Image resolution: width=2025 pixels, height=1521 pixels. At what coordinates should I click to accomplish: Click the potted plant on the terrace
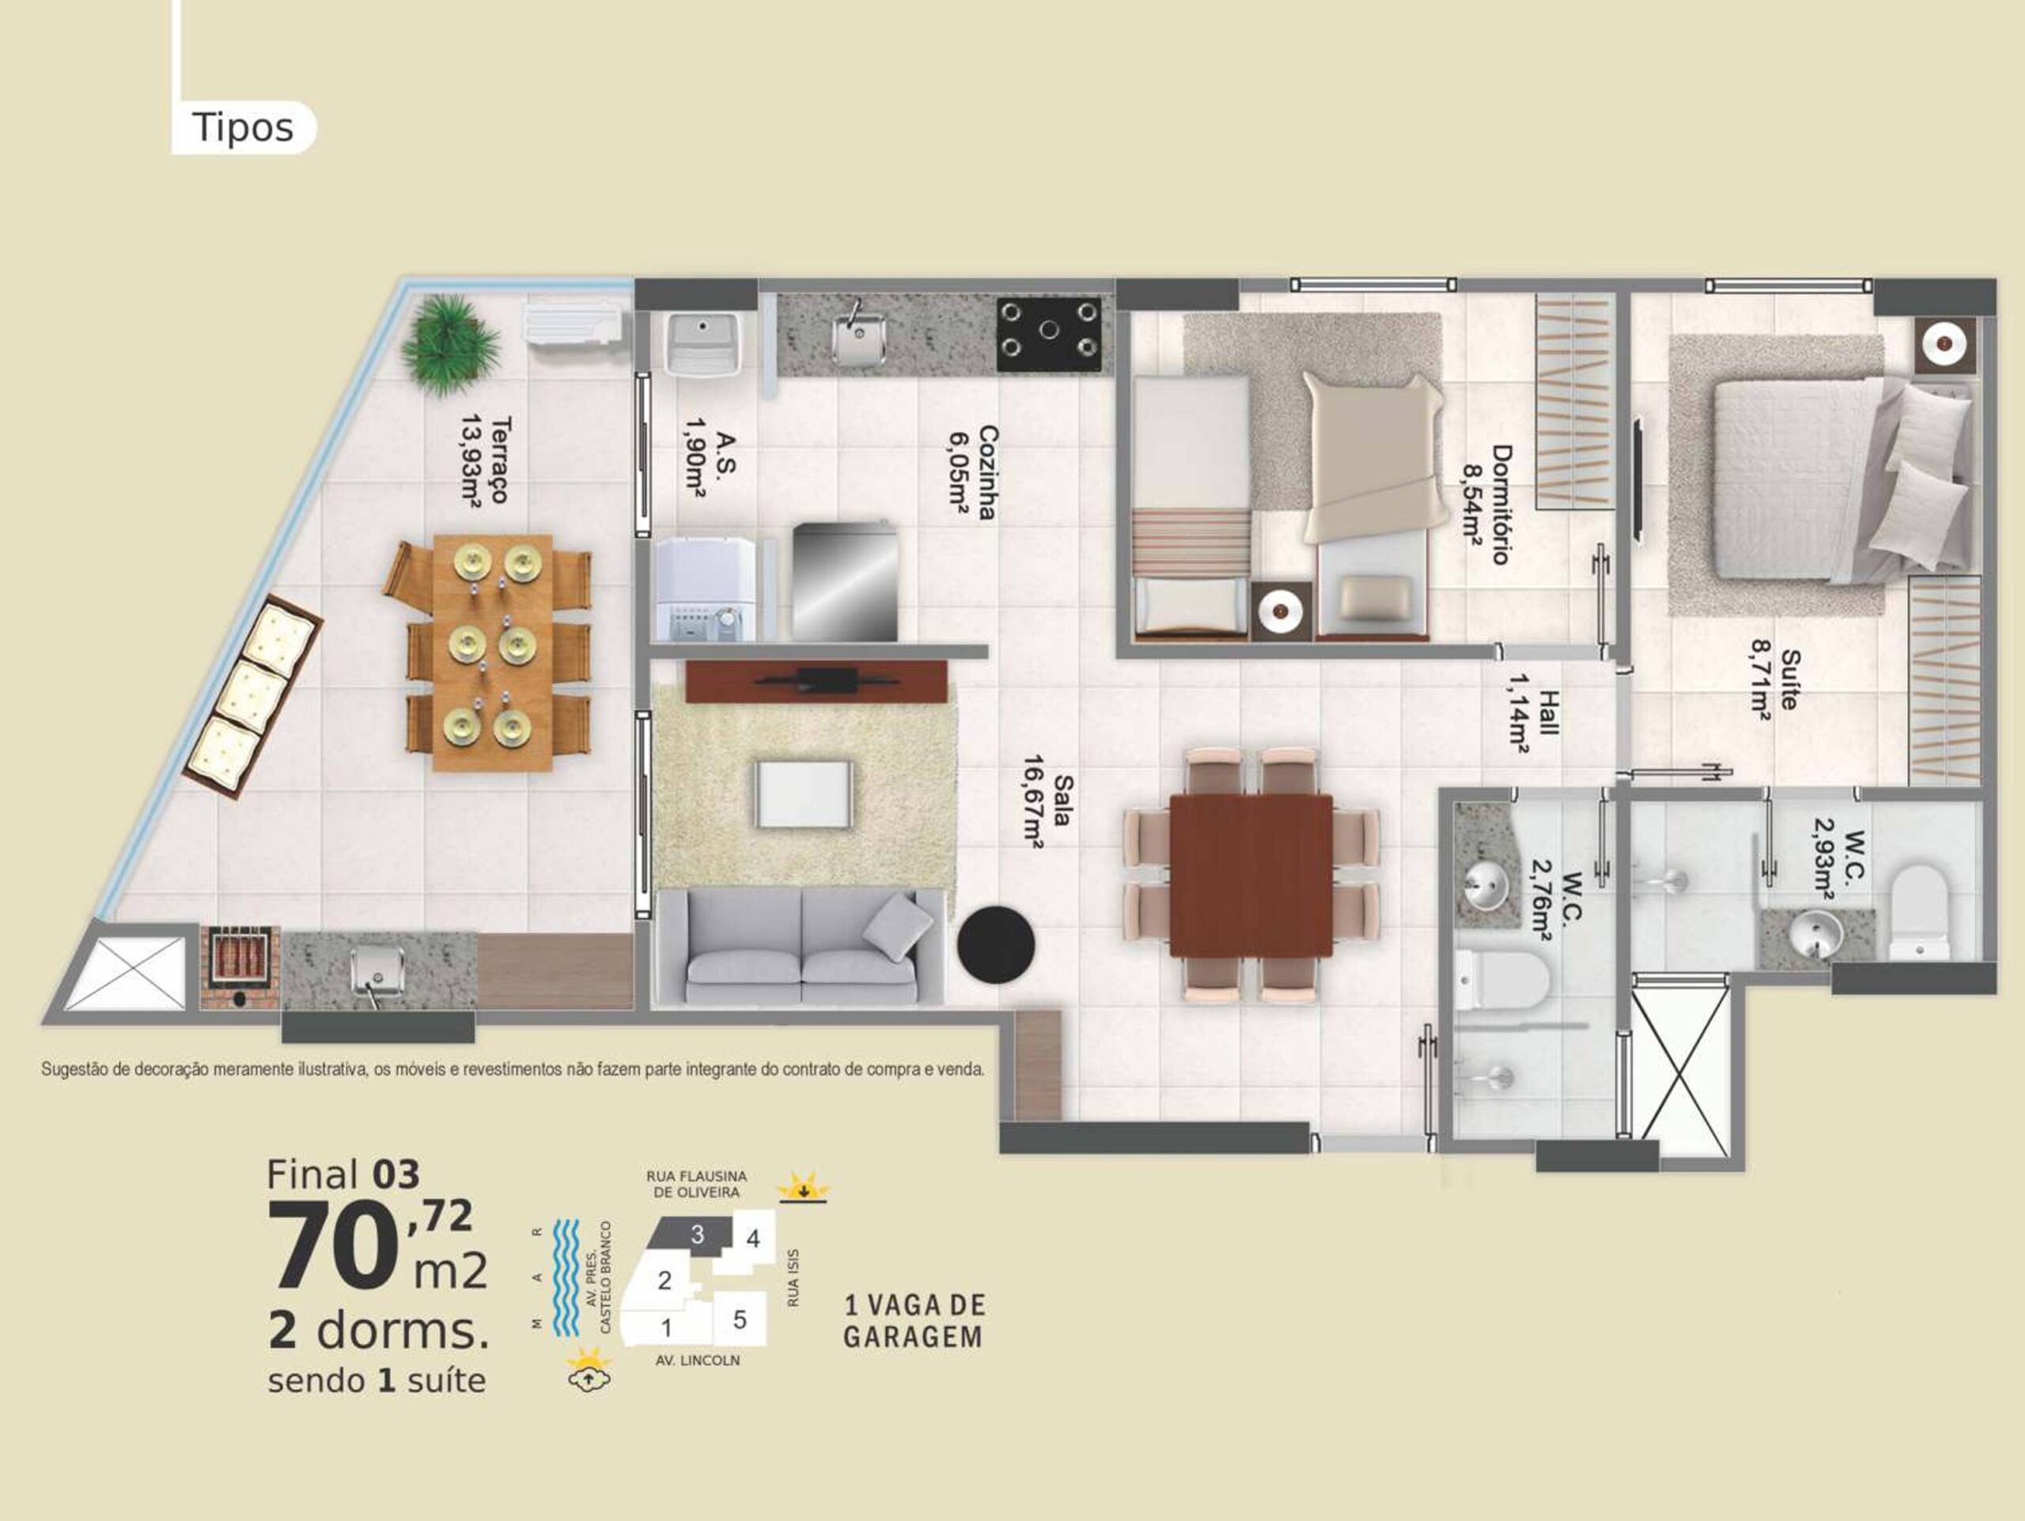[x=449, y=344]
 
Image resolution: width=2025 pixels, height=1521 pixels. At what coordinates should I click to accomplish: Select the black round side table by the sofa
[x=996, y=944]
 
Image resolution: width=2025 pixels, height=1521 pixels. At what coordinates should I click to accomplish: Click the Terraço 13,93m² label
[x=485, y=460]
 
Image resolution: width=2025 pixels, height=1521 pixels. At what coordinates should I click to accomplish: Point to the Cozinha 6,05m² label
[x=972, y=472]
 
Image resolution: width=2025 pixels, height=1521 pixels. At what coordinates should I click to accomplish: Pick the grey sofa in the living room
[x=801, y=948]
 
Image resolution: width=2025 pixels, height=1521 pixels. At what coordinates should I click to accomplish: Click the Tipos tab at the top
[x=243, y=127]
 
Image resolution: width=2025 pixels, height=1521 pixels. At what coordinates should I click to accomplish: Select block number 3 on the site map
[x=697, y=1235]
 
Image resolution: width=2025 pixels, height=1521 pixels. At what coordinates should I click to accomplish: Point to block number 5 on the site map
[x=740, y=1319]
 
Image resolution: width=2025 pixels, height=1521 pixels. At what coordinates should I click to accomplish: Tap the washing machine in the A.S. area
[x=706, y=589]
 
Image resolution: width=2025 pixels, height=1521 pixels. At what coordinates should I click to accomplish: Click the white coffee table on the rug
[x=804, y=793]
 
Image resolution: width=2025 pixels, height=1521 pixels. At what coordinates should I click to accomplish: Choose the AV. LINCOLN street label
[x=698, y=1361]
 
